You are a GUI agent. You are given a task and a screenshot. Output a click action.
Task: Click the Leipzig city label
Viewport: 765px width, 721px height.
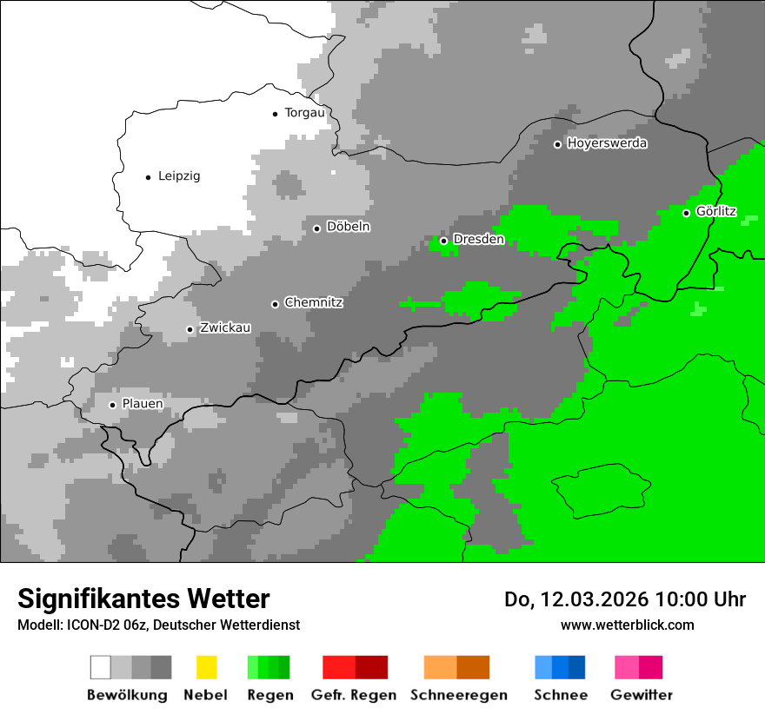click(178, 176)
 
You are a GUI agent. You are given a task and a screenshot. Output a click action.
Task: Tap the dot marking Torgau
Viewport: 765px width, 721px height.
click(276, 113)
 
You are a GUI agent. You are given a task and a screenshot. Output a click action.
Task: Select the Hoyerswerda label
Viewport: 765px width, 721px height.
click(607, 143)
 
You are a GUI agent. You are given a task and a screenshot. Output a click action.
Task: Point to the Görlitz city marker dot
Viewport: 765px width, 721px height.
click(686, 213)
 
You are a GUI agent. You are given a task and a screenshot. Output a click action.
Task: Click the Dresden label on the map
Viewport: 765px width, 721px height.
click(478, 240)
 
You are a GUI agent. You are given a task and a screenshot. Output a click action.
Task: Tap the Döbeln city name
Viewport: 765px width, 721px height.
click(348, 227)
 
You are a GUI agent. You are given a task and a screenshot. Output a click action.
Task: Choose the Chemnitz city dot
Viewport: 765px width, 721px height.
click(276, 304)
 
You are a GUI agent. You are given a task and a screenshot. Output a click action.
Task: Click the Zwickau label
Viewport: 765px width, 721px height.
click(225, 328)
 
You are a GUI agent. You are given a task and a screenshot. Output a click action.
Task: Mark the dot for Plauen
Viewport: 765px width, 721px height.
click(112, 405)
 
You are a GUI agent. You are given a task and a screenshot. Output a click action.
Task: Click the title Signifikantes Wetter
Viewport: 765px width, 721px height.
click(143, 599)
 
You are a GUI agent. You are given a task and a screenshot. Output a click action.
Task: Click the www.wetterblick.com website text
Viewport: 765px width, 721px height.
click(627, 625)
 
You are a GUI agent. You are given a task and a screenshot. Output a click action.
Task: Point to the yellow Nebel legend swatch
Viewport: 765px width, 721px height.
click(206, 667)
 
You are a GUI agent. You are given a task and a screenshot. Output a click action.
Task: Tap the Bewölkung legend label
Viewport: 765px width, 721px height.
click(127, 695)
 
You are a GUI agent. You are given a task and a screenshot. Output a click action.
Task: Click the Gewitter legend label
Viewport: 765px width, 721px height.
click(641, 695)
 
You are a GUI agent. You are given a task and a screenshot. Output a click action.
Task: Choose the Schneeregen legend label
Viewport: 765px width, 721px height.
click(458, 695)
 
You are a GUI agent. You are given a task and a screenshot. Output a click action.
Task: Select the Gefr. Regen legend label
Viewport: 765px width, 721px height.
click(353, 695)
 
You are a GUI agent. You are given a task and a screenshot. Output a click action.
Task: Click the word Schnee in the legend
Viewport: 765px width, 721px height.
click(561, 695)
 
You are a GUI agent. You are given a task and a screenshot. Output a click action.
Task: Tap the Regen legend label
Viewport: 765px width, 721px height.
click(269, 695)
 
